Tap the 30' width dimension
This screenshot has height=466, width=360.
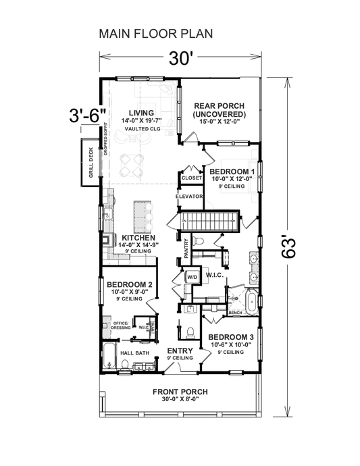point(181,59)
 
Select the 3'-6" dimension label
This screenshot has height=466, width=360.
point(88,115)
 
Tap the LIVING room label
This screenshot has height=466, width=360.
point(143,112)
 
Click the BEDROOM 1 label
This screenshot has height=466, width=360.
point(232,172)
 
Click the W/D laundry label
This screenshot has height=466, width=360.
point(191,277)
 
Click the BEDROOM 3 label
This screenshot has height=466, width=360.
point(230,337)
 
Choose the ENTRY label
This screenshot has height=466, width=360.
point(180,351)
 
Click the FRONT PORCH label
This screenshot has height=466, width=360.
point(180,392)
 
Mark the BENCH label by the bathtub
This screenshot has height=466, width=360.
point(236,313)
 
